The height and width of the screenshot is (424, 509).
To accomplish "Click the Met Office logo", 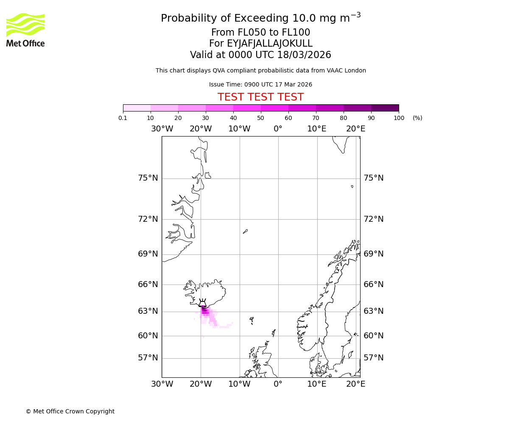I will pyautogui.click(x=25, y=30).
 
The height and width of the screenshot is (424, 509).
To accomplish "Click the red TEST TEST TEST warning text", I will pyautogui.click(x=260, y=97).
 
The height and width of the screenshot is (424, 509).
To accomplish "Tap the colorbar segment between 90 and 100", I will pyautogui.click(x=385, y=108).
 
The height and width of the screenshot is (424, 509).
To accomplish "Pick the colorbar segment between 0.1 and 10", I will pyautogui.click(x=137, y=108).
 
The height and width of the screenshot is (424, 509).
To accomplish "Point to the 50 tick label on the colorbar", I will pyautogui.click(x=260, y=118).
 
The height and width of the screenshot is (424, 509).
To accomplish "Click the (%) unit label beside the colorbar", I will pyautogui.click(x=417, y=118).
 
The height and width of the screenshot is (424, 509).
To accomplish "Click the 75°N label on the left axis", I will pyautogui.click(x=148, y=178).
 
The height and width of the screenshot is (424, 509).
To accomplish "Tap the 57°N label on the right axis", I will pyautogui.click(x=373, y=358).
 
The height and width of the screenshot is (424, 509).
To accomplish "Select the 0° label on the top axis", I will pyautogui.click(x=278, y=129).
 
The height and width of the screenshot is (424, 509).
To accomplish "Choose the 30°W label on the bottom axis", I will pyautogui.click(x=162, y=384).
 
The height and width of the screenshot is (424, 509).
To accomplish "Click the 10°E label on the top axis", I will pyautogui.click(x=317, y=129).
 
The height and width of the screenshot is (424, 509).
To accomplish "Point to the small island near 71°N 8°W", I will pyautogui.click(x=245, y=232).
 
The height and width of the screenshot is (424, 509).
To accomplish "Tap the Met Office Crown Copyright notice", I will pyautogui.click(x=70, y=411).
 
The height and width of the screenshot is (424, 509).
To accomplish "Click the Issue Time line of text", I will pyautogui.click(x=260, y=85).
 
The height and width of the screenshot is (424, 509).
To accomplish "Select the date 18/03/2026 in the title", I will pyautogui.click(x=304, y=55).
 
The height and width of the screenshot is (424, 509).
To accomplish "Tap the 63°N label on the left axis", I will pyautogui.click(x=148, y=311).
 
